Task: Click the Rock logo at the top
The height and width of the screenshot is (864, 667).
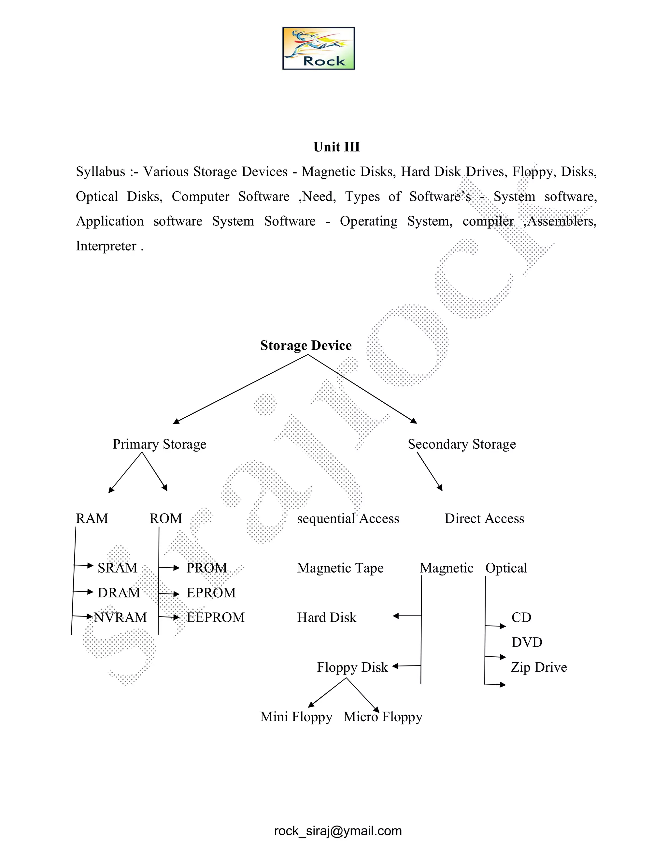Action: (319, 48)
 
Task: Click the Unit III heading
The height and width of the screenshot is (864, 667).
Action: (336, 147)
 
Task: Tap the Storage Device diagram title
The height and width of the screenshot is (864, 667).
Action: (305, 345)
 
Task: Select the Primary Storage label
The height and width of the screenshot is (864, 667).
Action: (159, 444)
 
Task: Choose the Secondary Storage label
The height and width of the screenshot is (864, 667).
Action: (461, 444)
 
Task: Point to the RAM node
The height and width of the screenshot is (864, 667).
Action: (92, 518)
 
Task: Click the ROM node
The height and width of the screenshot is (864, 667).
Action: (165, 518)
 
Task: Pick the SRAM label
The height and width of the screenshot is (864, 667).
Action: (117, 568)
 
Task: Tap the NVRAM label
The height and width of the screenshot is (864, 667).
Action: (120, 618)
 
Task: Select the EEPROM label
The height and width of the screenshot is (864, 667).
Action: (215, 618)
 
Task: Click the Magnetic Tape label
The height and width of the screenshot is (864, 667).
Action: (340, 568)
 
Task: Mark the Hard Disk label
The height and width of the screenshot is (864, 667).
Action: (326, 618)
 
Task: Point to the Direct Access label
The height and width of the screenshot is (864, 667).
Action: (484, 518)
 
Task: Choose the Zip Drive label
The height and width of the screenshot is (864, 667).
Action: (539, 667)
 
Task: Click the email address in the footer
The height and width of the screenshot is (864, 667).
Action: (338, 831)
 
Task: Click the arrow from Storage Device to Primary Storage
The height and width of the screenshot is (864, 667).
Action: (240, 389)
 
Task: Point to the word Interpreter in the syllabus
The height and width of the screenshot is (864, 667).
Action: (106, 246)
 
